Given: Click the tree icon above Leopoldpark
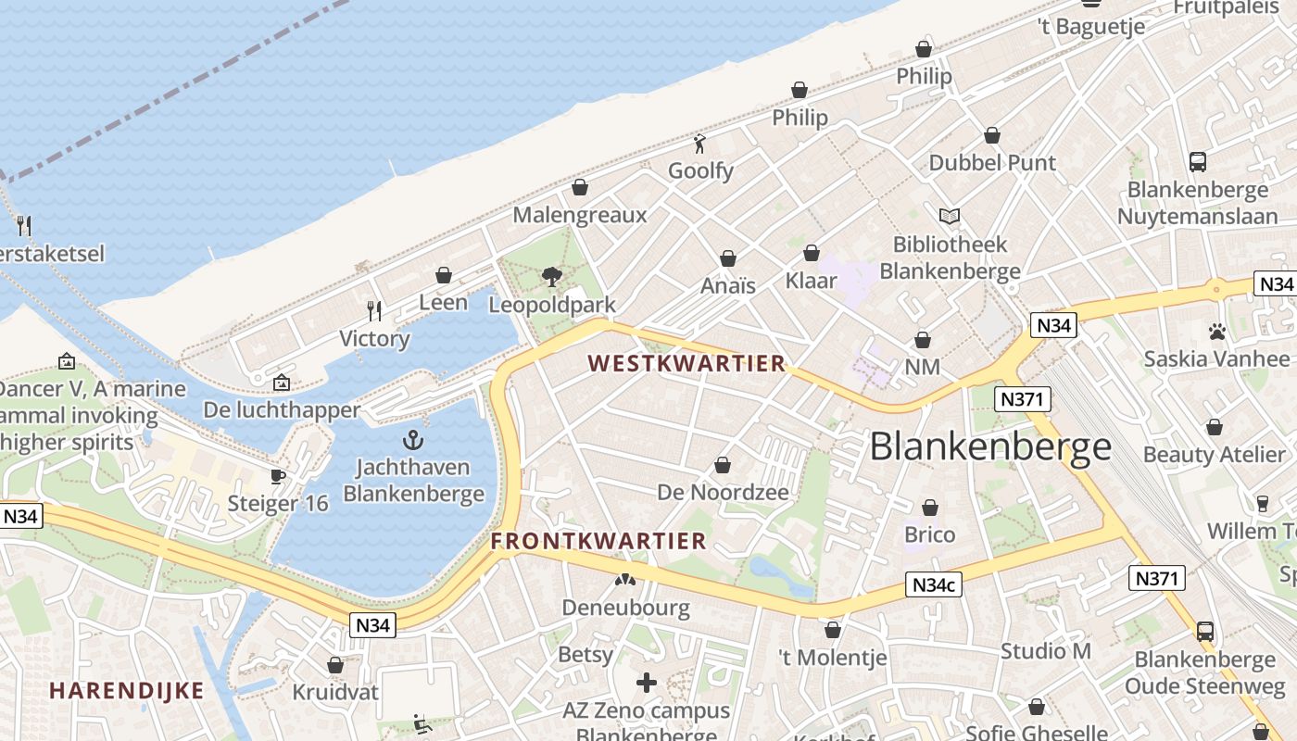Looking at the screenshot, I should tap(552, 276).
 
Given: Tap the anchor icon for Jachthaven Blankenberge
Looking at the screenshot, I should tap(413, 440).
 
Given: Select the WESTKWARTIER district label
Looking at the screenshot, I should tap(686, 363).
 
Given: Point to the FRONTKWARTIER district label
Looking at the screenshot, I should tap(598, 541).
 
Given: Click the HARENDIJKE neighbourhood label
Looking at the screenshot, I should tap(126, 690).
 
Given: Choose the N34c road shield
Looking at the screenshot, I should tap(933, 584).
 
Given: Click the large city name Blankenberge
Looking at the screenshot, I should tap(990, 446).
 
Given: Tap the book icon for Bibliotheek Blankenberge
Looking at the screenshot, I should tap(949, 216).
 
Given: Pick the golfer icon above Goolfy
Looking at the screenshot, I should tap(700, 144).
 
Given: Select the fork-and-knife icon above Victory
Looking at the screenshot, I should tap(374, 310).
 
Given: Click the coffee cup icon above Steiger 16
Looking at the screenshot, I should tap(277, 476).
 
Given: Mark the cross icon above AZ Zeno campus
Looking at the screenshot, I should tap(647, 684).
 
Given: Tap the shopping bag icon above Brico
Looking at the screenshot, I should tap(929, 508).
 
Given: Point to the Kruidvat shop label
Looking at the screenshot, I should tap(335, 692).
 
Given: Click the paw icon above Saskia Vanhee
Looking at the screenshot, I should tap(1216, 331).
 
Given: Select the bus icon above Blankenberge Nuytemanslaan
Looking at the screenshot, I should tap(1197, 162).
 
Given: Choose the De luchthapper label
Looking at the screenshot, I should tap(282, 409).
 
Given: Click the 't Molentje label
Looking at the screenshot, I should tap(832, 658).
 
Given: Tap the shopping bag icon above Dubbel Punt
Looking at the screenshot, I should tap(992, 135).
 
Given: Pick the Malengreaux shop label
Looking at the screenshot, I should tap(580, 215).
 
